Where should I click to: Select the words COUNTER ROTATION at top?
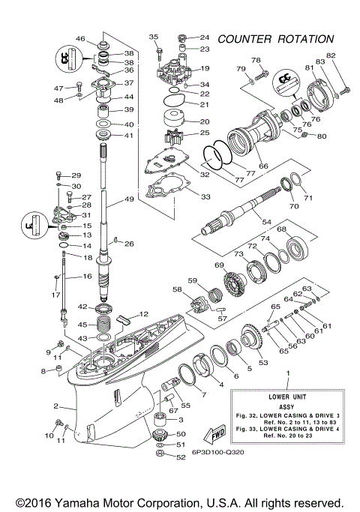pos(275,39)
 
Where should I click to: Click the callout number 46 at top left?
pos(81,39)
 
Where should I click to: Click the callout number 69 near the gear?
pos(220,265)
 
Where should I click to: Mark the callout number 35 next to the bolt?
pos(154,37)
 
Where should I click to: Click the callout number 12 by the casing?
pos(145,314)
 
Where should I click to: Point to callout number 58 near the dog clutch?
pos(177,289)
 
